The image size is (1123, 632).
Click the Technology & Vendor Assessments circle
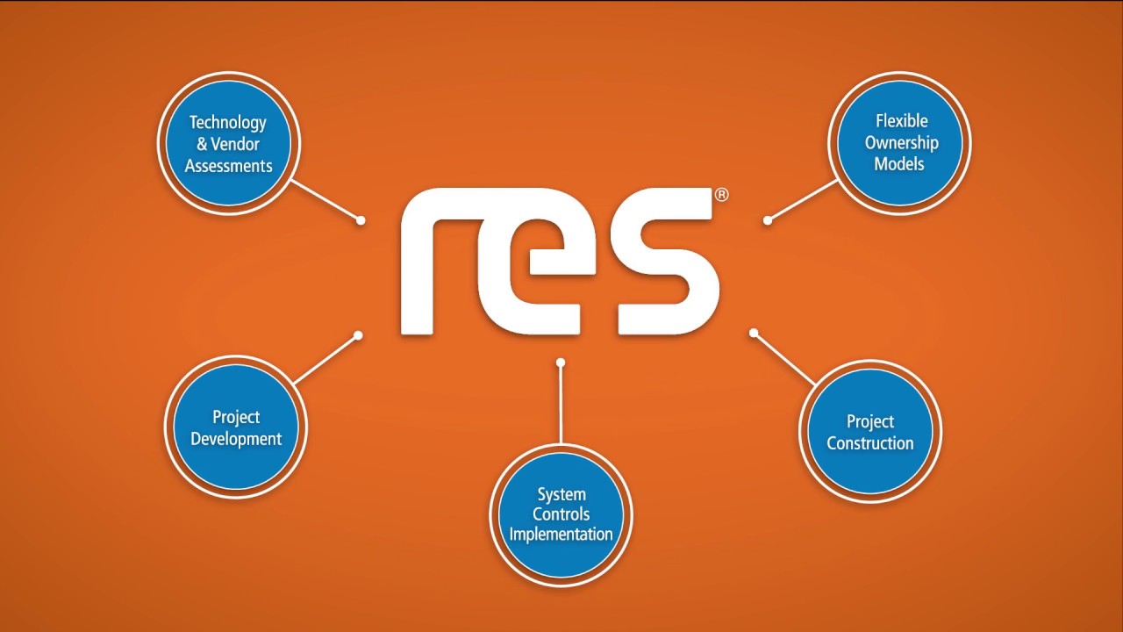tap(228, 143)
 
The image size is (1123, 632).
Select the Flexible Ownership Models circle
tap(900, 142)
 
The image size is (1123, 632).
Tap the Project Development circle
tap(236, 427)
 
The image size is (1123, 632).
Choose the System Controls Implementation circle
tap(561, 513)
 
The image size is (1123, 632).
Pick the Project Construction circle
tap(869, 432)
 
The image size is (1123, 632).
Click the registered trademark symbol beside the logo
tap(721, 195)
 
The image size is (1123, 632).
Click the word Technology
tap(228, 122)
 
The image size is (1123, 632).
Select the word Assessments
tap(228, 165)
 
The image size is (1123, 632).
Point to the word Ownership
tap(901, 142)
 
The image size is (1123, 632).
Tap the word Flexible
tap(901, 121)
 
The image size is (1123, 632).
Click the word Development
tap(236, 439)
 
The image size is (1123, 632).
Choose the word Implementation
tap(561, 534)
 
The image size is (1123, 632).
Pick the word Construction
tap(869, 443)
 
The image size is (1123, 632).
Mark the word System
tap(561, 494)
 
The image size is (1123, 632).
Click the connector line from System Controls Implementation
tap(561, 404)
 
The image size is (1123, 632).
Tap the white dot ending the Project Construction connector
tap(754, 333)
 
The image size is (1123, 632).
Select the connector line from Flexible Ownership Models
tap(803, 200)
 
